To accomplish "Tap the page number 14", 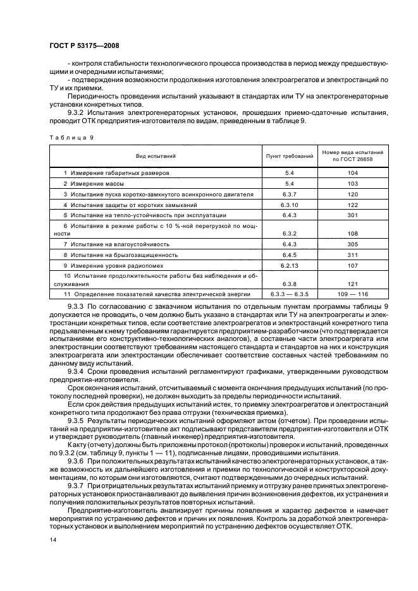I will coord(52,540).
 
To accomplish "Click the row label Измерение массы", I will coord(95,183).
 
